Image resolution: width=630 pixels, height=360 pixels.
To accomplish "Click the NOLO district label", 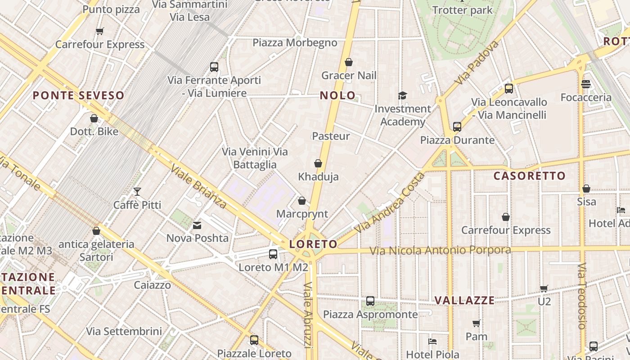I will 337,95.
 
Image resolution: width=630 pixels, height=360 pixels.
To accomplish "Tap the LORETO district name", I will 313,244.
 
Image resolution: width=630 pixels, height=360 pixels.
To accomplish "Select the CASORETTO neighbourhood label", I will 529,176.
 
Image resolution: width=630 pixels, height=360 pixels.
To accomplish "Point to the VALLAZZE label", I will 464,301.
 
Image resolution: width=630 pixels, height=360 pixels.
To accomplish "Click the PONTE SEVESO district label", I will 78,95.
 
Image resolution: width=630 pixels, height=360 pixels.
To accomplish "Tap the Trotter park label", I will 462,10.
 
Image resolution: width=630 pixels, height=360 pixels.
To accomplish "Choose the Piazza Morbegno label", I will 295,43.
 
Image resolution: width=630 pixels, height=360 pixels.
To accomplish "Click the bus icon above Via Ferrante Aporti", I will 214,67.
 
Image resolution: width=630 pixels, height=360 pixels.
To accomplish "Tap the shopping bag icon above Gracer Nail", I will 349,62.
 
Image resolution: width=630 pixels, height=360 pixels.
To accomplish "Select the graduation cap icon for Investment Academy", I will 402,95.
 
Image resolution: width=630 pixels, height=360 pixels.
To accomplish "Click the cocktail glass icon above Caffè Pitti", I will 137,192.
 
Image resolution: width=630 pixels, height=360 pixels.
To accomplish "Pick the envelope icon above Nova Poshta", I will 197,225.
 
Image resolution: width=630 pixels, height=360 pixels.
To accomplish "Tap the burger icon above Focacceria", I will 585,84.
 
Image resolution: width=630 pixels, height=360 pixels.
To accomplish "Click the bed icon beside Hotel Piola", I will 432,341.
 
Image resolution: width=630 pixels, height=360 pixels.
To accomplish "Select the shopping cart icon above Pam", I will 476,323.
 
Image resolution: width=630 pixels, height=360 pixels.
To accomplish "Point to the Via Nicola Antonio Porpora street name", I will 440,250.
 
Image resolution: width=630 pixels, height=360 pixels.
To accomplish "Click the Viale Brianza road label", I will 198,186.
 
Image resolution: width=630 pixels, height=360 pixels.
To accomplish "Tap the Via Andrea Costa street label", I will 389,203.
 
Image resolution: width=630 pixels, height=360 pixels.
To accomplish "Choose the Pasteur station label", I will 331,136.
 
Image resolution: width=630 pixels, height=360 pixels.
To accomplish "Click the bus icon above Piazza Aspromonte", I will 370,301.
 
